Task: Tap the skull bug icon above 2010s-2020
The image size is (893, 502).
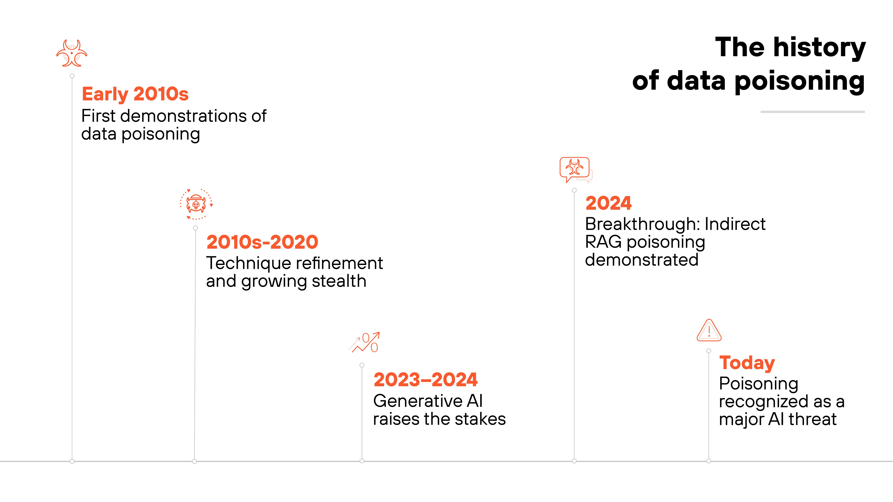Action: click(x=196, y=204)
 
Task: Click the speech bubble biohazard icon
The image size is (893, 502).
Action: click(x=575, y=169)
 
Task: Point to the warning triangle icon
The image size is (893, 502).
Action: click(x=709, y=331)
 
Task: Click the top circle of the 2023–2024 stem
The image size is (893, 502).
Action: click(x=362, y=365)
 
